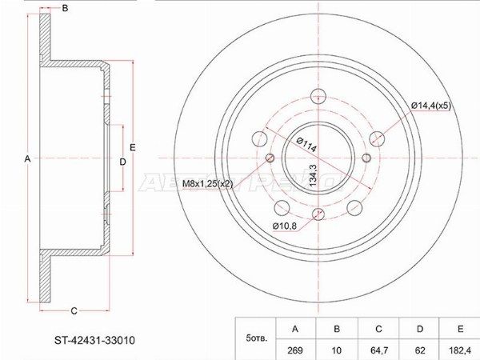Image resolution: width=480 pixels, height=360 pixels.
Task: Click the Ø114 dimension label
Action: [x=306, y=142]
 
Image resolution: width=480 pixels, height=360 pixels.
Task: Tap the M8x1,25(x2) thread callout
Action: [x=207, y=183]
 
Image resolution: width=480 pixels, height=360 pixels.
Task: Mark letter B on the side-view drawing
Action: [x=65, y=9]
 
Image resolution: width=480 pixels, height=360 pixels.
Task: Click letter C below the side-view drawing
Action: [x=73, y=310]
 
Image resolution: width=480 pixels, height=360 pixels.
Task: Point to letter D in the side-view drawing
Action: [x=122, y=162]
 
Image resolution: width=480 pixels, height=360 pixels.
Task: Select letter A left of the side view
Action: [x=27, y=160]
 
